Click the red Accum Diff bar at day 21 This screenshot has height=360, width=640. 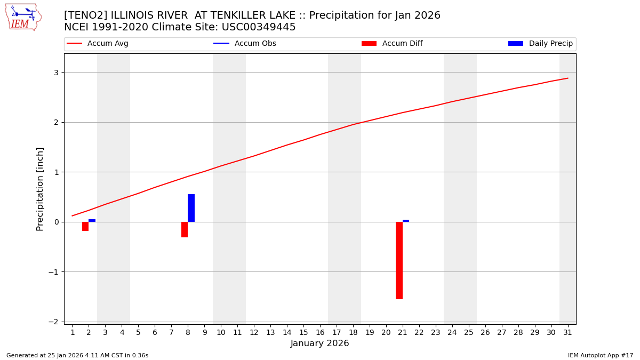pyautogui.click(x=399, y=260)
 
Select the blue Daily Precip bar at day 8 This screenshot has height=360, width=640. pyautogui.click(x=191, y=208)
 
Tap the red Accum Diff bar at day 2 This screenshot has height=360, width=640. pyautogui.click(x=85, y=226)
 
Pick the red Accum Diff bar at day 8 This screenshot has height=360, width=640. pyautogui.click(x=185, y=229)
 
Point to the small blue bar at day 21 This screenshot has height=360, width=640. pyautogui.click(x=406, y=221)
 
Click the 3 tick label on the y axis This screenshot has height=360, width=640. pyautogui.click(x=55, y=73)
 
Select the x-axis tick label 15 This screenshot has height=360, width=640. pyautogui.click(x=303, y=333)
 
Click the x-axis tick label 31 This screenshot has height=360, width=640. pyautogui.click(x=567, y=333)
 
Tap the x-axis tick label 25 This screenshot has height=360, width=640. pyautogui.click(x=468, y=333)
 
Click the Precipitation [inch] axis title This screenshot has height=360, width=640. pyautogui.click(x=40, y=189)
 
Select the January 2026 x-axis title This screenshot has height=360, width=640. pyautogui.click(x=319, y=344)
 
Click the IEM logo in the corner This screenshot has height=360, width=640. pyautogui.click(x=23, y=17)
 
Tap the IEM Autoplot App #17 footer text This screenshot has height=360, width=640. pyautogui.click(x=601, y=355)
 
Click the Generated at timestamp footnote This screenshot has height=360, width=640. pyautogui.click(x=77, y=355)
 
